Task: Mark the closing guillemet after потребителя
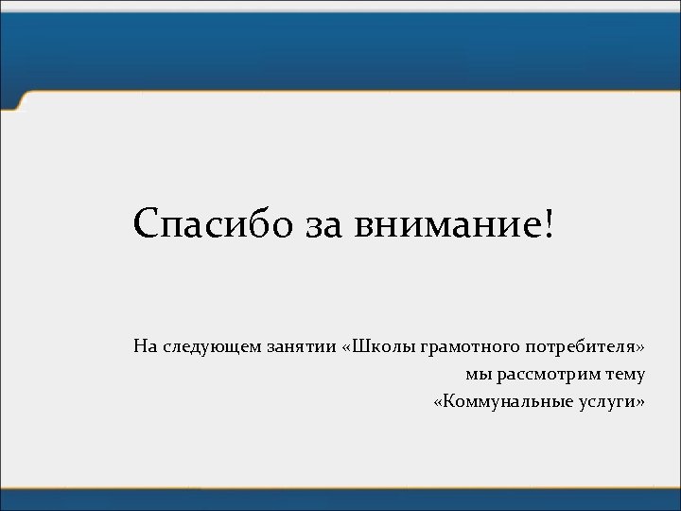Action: pos(640,347)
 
